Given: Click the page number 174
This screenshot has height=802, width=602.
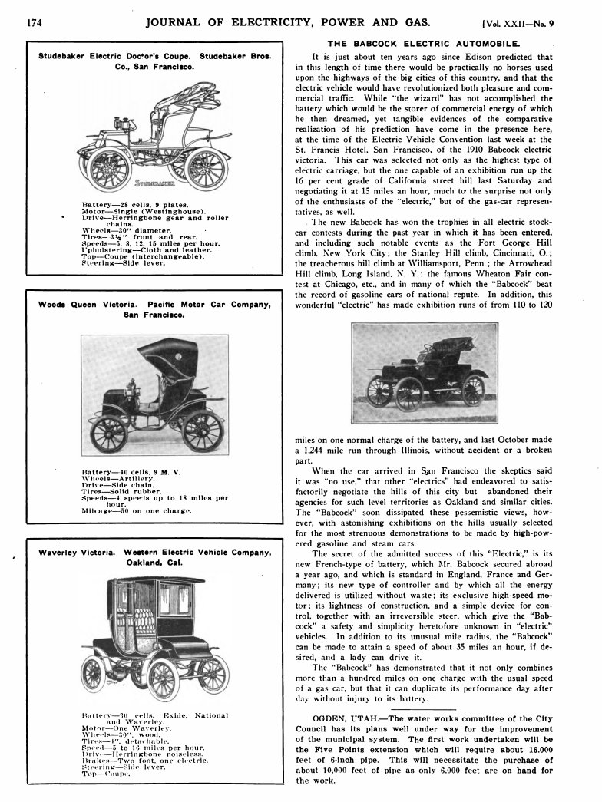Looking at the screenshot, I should pyautogui.click(x=33, y=22).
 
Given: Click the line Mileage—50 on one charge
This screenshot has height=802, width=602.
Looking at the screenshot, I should pyautogui.click(x=137, y=510).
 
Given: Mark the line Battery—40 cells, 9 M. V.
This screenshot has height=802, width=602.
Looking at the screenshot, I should pyautogui.click(x=130, y=470).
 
